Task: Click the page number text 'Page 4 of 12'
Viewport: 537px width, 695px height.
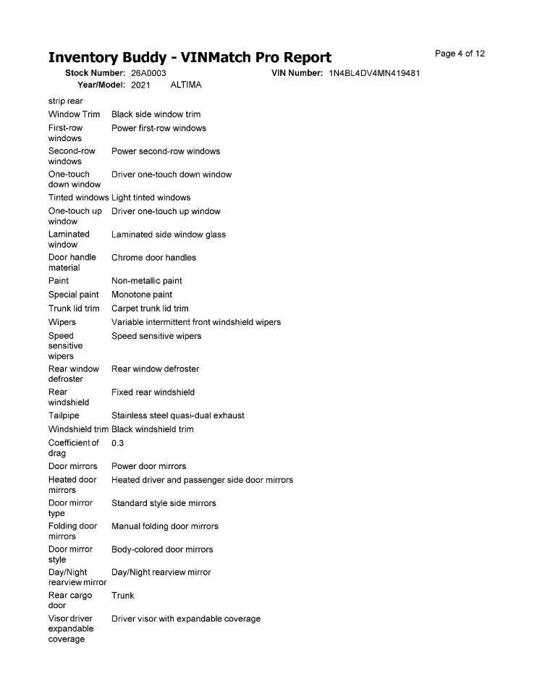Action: [x=460, y=54]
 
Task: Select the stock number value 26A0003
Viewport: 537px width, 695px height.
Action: [x=148, y=74]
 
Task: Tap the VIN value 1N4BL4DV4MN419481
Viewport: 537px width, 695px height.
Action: [x=374, y=74]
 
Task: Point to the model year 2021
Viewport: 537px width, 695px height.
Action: [x=140, y=85]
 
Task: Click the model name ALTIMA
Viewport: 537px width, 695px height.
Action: [x=185, y=85]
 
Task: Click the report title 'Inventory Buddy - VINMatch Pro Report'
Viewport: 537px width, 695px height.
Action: [x=190, y=58]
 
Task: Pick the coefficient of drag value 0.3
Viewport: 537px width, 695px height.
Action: [x=117, y=443]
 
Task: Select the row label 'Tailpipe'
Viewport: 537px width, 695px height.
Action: [x=64, y=416]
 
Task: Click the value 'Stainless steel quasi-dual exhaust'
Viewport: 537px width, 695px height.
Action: [x=177, y=416]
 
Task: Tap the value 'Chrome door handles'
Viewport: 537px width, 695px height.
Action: [x=153, y=258]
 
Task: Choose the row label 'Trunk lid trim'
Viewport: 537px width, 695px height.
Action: [x=74, y=308]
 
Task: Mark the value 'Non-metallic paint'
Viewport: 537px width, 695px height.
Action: [x=147, y=281]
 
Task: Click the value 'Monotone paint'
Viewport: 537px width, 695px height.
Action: [x=142, y=295]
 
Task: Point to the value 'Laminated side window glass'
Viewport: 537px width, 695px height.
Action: [x=169, y=235]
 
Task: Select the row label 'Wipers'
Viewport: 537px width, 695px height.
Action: [x=62, y=322]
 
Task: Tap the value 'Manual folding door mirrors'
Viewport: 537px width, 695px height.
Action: [x=165, y=526]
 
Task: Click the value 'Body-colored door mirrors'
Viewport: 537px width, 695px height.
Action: [x=162, y=549]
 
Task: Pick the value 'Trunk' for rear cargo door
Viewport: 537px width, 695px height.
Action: [x=122, y=596]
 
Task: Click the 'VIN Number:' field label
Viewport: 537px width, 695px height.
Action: [x=297, y=74]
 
